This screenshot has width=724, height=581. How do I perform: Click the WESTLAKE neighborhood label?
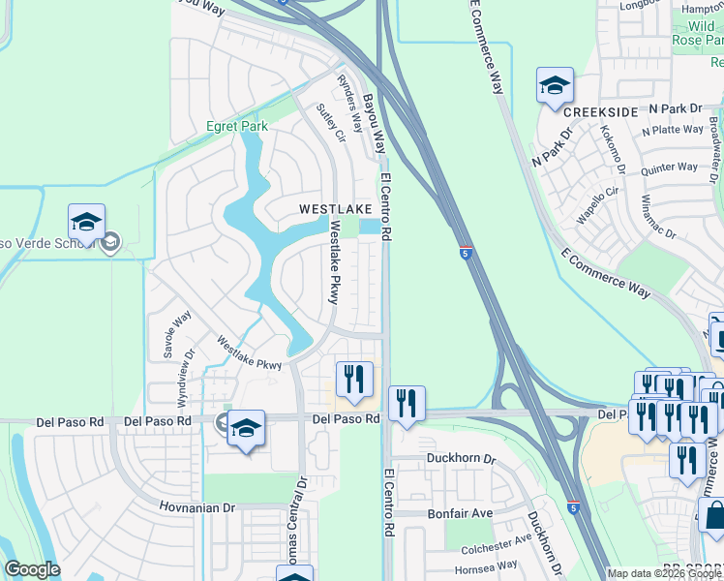point(336,209)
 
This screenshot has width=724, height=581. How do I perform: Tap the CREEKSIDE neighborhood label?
point(601,112)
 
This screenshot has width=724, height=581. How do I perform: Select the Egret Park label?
point(237,126)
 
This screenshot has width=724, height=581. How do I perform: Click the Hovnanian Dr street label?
point(197,506)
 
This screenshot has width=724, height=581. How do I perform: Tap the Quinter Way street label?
point(669,168)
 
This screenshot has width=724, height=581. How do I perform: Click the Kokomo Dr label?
point(613,150)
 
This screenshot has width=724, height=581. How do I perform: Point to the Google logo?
point(32,569)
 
